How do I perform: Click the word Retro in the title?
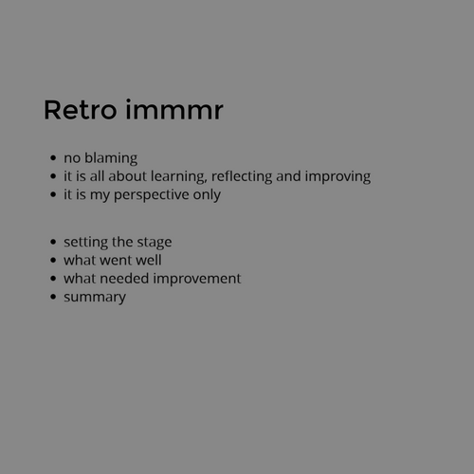coord(80,110)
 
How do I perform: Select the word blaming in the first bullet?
coord(111,158)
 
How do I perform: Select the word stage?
coord(154,242)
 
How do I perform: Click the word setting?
coord(83,242)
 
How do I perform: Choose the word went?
coord(117,260)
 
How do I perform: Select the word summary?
coord(95,297)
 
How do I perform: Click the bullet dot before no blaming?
coord(54,158)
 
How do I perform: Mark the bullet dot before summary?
coord(54,297)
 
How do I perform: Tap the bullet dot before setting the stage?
coord(54,242)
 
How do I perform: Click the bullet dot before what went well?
coord(54,260)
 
